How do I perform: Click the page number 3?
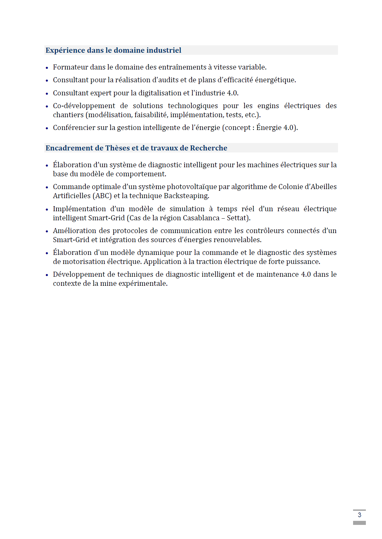(x=359, y=515)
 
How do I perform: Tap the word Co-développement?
(x=84, y=106)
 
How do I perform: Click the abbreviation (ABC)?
(x=102, y=196)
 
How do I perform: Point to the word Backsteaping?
(x=186, y=196)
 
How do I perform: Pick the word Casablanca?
(x=201, y=218)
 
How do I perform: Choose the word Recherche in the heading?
(x=208, y=148)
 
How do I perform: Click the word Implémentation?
(x=79, y=209)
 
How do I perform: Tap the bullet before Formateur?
(x=47, y=68)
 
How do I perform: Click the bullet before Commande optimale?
(x=47, y=187)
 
